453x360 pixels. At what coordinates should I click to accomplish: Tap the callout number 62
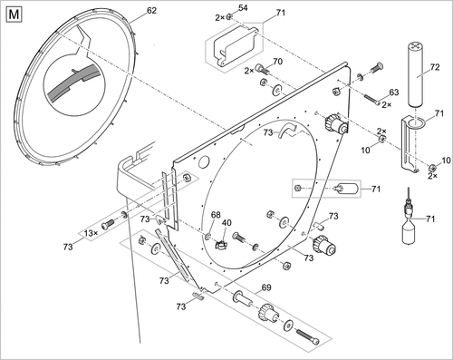click(151, 12)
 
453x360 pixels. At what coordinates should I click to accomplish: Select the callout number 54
click(241, 8)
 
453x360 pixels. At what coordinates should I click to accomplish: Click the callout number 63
click(393, 93)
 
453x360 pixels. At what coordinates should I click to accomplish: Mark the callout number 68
click(216, 215)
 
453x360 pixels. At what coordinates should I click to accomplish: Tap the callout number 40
click(227, 223)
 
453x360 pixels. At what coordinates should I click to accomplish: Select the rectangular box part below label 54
click(232, 44)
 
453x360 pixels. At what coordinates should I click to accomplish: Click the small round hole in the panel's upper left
click(204, 164)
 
